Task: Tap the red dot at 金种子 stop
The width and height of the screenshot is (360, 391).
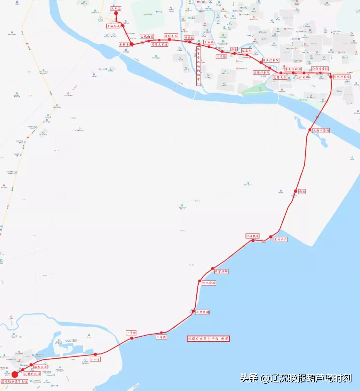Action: (132, 44)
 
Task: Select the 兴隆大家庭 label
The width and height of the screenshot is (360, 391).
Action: (159, 44)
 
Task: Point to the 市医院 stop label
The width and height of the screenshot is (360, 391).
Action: (189, 38)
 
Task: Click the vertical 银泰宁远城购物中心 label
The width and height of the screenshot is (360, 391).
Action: (198, 66)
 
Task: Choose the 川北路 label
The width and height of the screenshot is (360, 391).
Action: (221, 56)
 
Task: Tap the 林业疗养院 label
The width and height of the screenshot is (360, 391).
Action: (270, 60)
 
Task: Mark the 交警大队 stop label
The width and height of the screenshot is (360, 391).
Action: (280, 77)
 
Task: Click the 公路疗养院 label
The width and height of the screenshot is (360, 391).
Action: (320, 68)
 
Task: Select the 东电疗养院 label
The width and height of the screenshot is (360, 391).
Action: (342, 77)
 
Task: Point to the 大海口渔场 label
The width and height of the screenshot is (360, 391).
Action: (321, 130)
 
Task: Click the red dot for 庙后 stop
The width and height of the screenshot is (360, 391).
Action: (295, 191)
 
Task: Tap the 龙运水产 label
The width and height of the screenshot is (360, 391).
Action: (280, 239)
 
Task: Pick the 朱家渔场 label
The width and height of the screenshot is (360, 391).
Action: (221, 271)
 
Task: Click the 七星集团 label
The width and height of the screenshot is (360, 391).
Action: (202, 312)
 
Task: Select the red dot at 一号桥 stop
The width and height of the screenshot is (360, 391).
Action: (132, 338)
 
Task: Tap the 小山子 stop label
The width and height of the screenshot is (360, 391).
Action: (95, 359)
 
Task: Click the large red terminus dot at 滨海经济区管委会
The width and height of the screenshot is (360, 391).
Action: (15, 374)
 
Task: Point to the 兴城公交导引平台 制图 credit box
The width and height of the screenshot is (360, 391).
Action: (208, 338)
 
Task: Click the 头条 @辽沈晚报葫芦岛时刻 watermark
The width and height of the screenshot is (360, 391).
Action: (296, 378)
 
